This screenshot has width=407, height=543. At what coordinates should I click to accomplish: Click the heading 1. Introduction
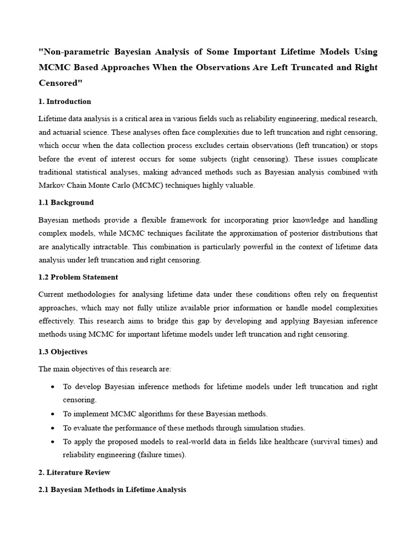(65, 101)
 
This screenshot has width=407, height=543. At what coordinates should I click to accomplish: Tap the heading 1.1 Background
(66, 202)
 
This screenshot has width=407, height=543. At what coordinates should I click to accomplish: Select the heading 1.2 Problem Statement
(78, 277)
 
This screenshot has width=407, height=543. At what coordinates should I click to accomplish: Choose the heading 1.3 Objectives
(63, 352)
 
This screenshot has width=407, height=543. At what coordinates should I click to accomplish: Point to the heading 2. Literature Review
(74, 472)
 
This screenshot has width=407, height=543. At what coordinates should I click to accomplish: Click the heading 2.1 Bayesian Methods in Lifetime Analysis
(112, 489)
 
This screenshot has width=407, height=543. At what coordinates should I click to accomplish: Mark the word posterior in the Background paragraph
(304, 233)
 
